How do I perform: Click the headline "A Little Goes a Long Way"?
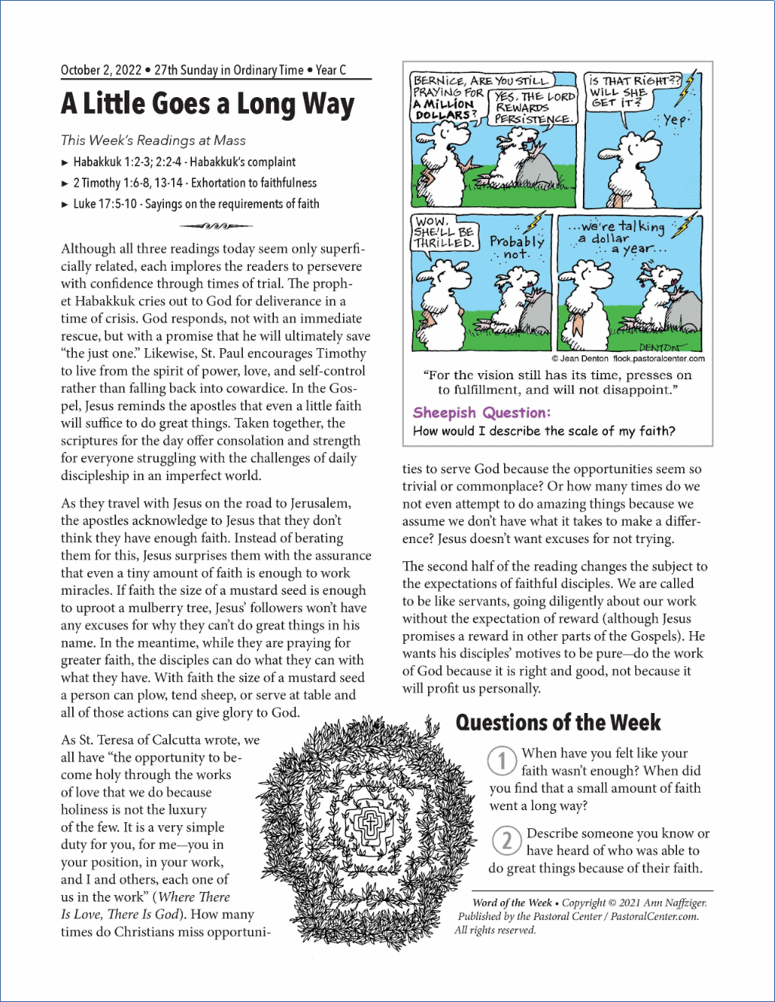207,104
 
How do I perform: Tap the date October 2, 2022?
101,71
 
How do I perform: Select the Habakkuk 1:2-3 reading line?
184,162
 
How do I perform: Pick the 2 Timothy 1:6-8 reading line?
194,183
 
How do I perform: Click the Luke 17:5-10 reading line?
196,204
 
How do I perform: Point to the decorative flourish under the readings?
216,225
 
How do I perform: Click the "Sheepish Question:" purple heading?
481,413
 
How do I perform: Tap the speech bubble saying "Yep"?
675,120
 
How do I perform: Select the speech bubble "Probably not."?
517,247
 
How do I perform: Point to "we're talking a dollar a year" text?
622,237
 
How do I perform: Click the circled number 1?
502,761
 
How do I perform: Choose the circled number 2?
506,840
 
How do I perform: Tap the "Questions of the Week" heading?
558,723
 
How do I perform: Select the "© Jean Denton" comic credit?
580,359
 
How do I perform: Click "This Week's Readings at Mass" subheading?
153,140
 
